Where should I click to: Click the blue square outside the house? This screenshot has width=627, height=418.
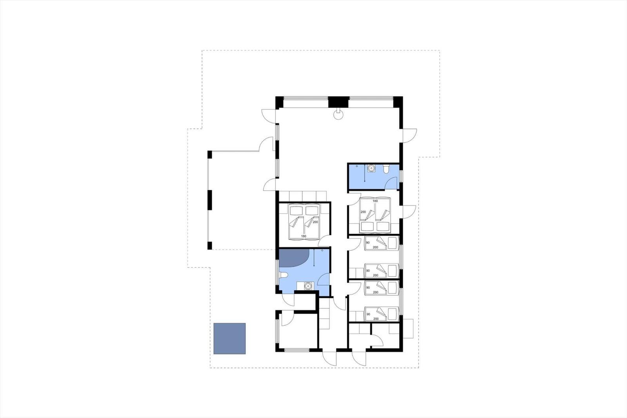[230, 338]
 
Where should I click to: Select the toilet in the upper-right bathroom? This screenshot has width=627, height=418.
[386, 169]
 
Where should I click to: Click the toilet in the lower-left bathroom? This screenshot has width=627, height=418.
[283, 275]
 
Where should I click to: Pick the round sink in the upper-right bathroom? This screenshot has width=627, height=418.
[371, 168]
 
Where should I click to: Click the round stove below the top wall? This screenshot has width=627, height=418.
[339, 114]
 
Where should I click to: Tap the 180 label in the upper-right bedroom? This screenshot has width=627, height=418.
[375, 201]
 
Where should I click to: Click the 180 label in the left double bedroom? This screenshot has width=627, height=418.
[303, 236]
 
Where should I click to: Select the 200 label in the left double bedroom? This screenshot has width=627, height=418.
[315, 222]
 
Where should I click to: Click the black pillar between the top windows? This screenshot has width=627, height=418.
[339, 102]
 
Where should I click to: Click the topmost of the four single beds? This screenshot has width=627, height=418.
[381, 243]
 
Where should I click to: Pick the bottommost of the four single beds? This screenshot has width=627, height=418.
[381, 314]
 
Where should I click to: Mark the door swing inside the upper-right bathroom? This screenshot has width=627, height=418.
[391, 183]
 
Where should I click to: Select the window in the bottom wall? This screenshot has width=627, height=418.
[297, 350]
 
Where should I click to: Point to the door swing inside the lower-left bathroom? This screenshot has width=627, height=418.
[324, 279]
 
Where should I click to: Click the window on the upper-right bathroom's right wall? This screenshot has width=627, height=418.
[401, 176]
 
